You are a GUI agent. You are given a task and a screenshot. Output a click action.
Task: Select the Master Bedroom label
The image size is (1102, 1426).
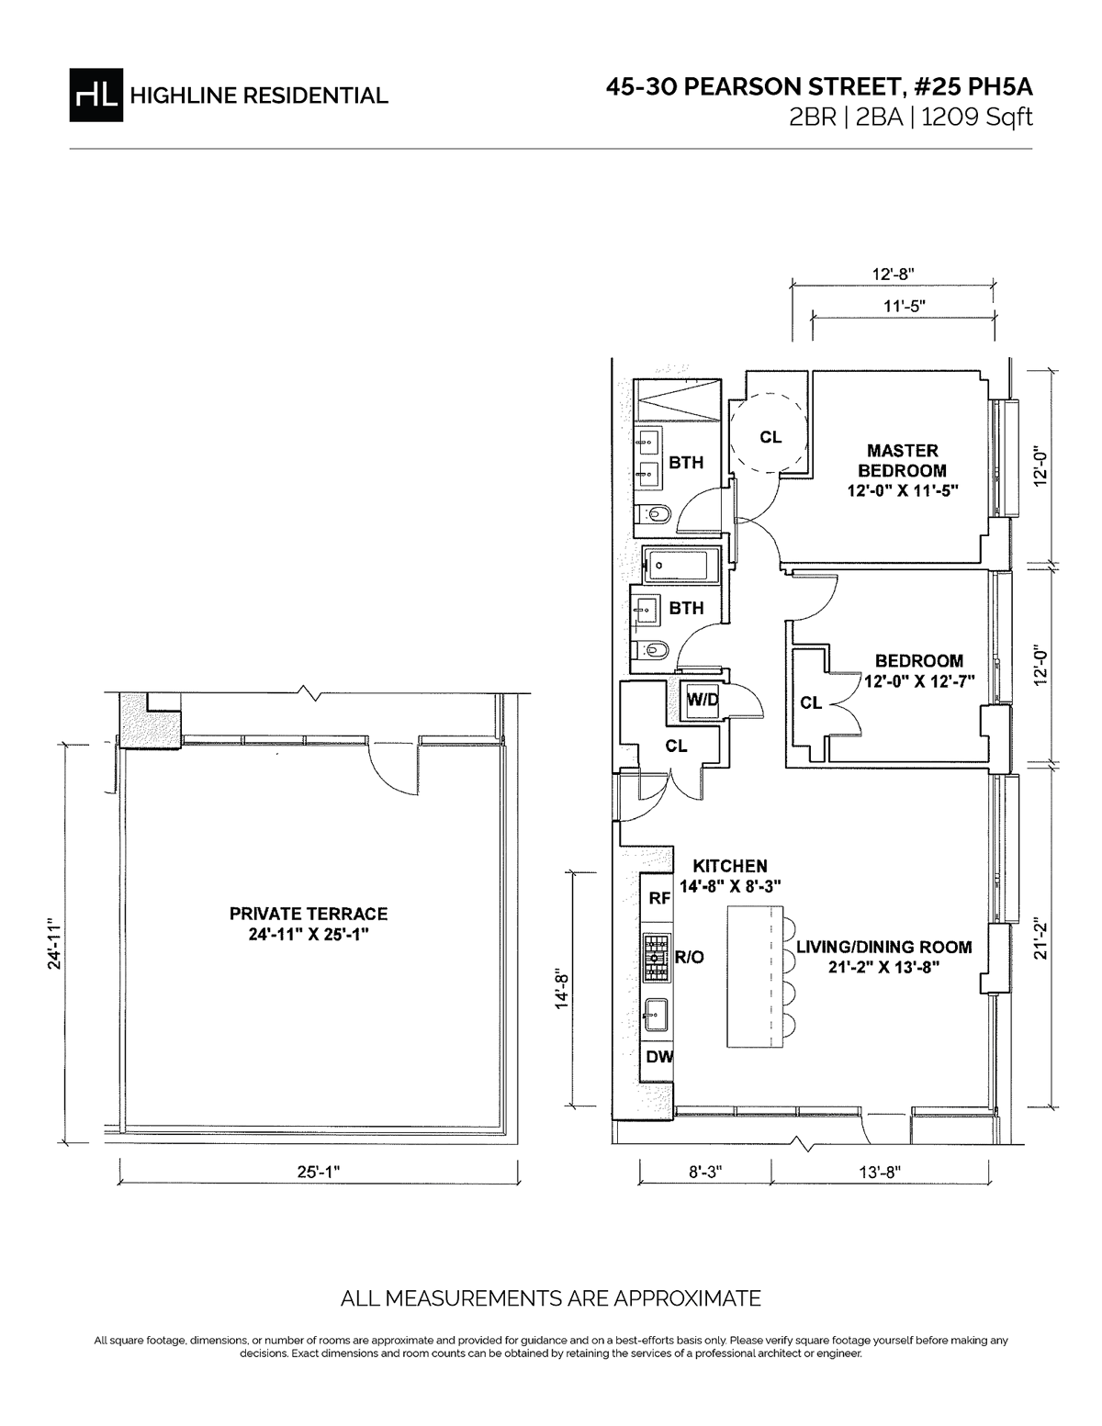click(903, 470)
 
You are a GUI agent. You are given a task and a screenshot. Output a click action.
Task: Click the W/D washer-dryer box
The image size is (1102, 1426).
click(703, 700)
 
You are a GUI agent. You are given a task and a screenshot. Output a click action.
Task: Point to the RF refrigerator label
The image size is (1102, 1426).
click(659, 898)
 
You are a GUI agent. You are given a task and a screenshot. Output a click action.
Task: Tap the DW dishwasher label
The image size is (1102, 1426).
click(658, 1057)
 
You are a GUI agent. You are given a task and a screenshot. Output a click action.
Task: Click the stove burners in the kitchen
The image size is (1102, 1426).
click(656, 956)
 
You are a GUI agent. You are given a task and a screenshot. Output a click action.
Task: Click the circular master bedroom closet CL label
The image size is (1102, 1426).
click(770, 437)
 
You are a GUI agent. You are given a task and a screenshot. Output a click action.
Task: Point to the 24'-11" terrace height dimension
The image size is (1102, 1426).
click(56, 943)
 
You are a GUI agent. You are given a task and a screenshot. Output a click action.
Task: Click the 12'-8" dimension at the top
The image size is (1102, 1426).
click(893, 274)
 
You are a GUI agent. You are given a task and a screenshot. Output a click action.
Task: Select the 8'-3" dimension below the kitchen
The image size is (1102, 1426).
click(704, 1172)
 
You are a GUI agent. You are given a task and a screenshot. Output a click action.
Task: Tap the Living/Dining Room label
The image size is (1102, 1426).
click(883, 956)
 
